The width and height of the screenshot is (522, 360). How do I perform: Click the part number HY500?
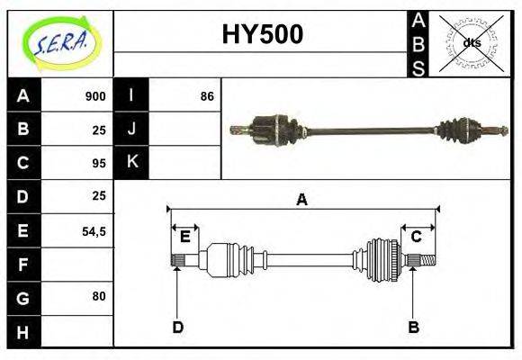click(x=263, y=34)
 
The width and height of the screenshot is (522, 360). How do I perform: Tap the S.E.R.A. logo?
click(x=61, y=43)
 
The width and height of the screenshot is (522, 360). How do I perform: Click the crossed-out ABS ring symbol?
click(x=472, y=42)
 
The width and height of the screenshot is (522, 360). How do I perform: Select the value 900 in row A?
click(x=95, y=96)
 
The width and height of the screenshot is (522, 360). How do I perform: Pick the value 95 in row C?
click(x=99, y=163)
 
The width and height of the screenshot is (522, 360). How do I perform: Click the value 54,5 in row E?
click(x=94, y=231)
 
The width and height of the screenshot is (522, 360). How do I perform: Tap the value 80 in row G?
click(x=99, y=296)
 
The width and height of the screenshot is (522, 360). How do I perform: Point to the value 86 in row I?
click(x=207, y=96)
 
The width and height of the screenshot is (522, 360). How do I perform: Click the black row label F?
click(x=24, y=265)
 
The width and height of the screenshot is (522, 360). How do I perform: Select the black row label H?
click(x=24, y=332)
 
